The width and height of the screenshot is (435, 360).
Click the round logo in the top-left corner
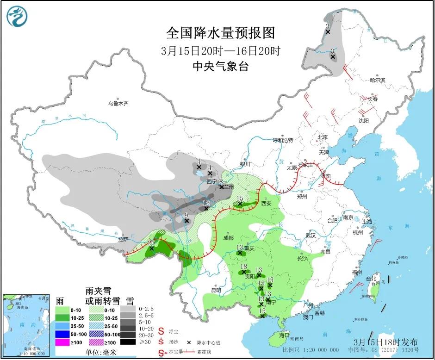17,17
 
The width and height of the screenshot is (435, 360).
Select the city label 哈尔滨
377,80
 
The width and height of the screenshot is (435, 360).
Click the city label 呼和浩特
283,140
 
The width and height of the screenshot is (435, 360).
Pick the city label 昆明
216,290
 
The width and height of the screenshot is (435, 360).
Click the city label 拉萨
123,240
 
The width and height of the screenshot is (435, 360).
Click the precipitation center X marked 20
151,248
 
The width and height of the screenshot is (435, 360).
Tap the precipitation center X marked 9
186,221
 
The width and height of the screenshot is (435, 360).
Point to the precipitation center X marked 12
206,208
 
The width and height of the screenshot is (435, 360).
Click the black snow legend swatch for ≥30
131,341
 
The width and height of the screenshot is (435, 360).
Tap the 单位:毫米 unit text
100,352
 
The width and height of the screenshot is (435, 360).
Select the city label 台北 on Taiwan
371,279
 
